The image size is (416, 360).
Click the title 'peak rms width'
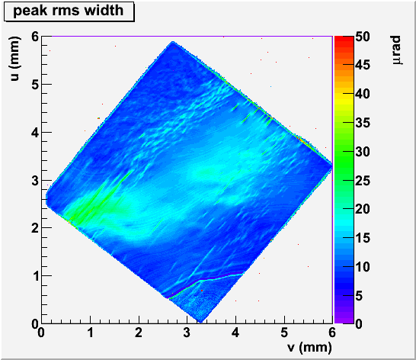pyautogui.click(x=69, y=11)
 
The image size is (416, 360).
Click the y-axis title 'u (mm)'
pyautogui.click(x=15, y=59)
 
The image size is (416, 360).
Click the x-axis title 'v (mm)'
pyautogui.click(x=309, y=347)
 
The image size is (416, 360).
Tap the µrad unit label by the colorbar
pyautogui.click(x=396, y=50)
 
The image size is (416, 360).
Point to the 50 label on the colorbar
pyautogui.click(x=363, y=37)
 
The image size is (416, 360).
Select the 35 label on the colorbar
pyautogui.click(x=363, y=123)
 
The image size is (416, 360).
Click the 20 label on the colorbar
pyautogui.click(x=363, y=209)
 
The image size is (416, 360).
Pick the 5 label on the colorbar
pyautogui.click(x=359, y=295)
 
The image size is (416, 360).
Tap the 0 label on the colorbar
pyautogui.click(x=359, y=324)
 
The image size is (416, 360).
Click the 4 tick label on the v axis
pyautogui.click(x=235, y=333)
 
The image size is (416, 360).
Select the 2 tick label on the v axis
pyautogui.click(x=139, y=333)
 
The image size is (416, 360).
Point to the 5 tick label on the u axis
pyautogui.click(x=35, y=85)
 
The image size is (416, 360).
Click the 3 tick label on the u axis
pyautogui.click(x=35, y=180)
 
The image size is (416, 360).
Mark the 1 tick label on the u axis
pyautogui.click(x=35, y=276)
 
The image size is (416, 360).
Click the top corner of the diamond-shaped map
pyautogui.click(x=173, y=42)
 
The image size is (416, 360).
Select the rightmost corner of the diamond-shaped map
pyautogui.click(x=332, y=166)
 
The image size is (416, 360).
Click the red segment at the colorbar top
pyautogui.click(x=344, y=39)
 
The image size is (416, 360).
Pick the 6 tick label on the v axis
pyautogui.click(x=332, y=333)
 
